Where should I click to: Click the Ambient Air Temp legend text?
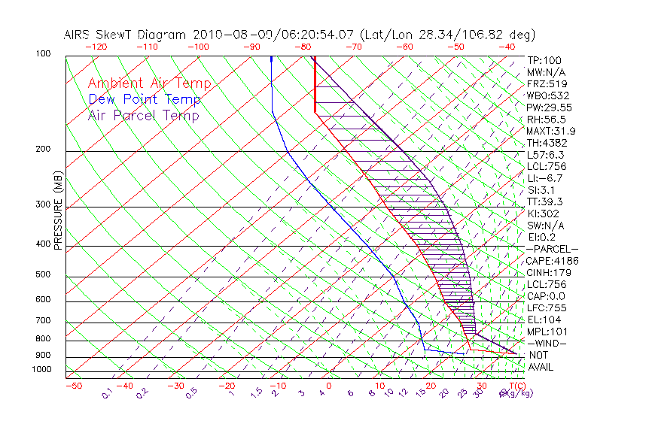[x=149, y=83]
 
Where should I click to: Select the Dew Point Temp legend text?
[x=145, y=99]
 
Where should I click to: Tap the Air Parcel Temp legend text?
[x=143, y=115]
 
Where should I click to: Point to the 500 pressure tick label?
[x=43, y=275]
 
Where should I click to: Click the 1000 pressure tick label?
[x=41, y=370]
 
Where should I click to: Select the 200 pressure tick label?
[x=43, y=150]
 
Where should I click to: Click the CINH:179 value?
[x=548, y=272]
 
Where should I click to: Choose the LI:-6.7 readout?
[x=545, y=178]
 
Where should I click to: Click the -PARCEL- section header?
[x=552, y=249]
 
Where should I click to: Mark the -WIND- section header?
[x=548, y=343]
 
